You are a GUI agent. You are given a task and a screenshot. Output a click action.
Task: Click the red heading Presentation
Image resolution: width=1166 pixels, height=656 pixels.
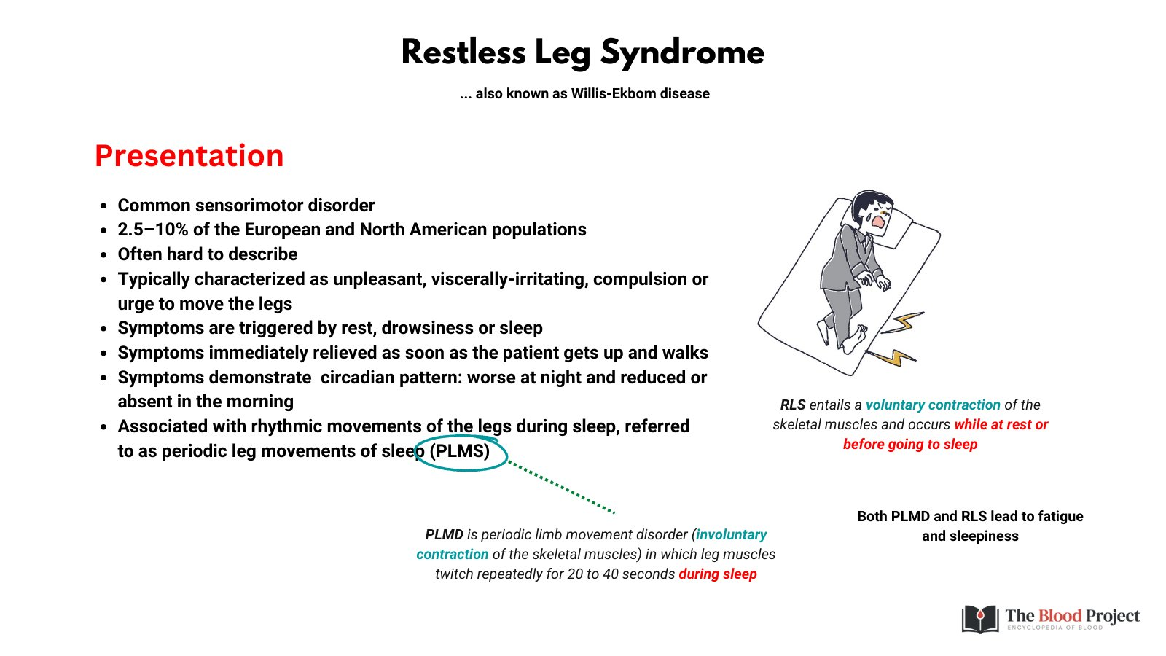click(189, 156)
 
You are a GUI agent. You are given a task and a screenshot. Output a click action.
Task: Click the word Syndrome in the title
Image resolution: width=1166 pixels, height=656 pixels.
click(682, 53)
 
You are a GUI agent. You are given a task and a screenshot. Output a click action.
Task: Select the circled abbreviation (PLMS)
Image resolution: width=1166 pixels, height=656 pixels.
click(461, 451)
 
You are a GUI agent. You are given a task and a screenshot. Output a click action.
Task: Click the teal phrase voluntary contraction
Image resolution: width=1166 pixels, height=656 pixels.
click(933, 405)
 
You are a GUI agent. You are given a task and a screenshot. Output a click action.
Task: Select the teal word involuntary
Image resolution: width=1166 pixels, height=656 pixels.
click(731, 534)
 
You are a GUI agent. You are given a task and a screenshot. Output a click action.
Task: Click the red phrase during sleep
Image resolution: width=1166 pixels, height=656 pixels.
click(718, 574)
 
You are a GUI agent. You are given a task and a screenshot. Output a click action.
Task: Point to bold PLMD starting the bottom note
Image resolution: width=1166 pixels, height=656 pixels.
click(444, 534)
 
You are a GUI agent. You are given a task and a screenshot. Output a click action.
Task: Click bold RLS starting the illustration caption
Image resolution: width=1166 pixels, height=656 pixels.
click(792, 405)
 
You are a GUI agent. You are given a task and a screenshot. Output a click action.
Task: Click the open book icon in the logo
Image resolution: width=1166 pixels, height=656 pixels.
click(980, 619)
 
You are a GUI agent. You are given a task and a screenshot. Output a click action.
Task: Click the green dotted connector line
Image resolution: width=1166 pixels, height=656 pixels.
click(561, 487)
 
